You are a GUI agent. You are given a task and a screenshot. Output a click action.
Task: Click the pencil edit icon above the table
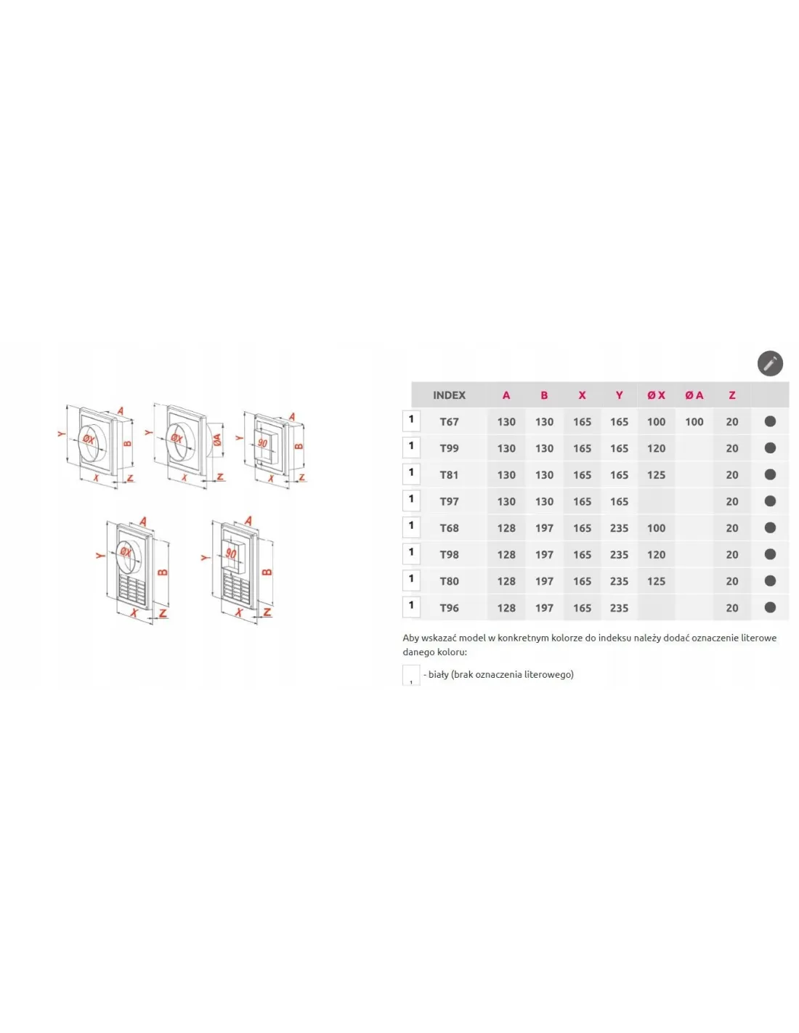coord(769,364)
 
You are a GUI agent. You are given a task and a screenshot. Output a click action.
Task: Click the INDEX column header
coord(449,395)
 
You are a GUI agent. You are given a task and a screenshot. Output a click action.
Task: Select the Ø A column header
coord(694,395)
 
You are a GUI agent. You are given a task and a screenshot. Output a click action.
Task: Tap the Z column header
coord(732,395)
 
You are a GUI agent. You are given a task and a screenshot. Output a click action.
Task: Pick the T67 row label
coord(449,421)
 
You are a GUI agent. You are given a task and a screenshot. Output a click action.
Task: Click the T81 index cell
coord(449,475)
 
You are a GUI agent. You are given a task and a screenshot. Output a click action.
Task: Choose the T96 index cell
coord(449,608)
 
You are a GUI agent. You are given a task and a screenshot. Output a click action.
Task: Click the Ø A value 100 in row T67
coord(694,421)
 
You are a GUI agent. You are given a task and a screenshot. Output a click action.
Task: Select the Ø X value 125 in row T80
coord(656,581)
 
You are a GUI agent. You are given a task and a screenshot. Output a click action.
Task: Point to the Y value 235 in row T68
coord(619,528)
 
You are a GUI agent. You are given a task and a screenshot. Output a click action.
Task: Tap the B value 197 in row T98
coord(544,555)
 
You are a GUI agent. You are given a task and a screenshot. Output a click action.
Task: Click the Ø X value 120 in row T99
coord(656,448)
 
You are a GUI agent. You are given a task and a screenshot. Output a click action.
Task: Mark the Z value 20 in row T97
coord(732,501)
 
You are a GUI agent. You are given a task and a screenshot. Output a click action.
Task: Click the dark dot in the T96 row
coord(770,607)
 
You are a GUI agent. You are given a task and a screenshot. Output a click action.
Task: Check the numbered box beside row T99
coord(411,447)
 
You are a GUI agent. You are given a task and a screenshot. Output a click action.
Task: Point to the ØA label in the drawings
coord(217,439)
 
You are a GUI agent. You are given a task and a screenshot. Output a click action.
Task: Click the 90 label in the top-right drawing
coord(262,444)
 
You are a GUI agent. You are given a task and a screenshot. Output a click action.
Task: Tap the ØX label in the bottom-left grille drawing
coord(126,552)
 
